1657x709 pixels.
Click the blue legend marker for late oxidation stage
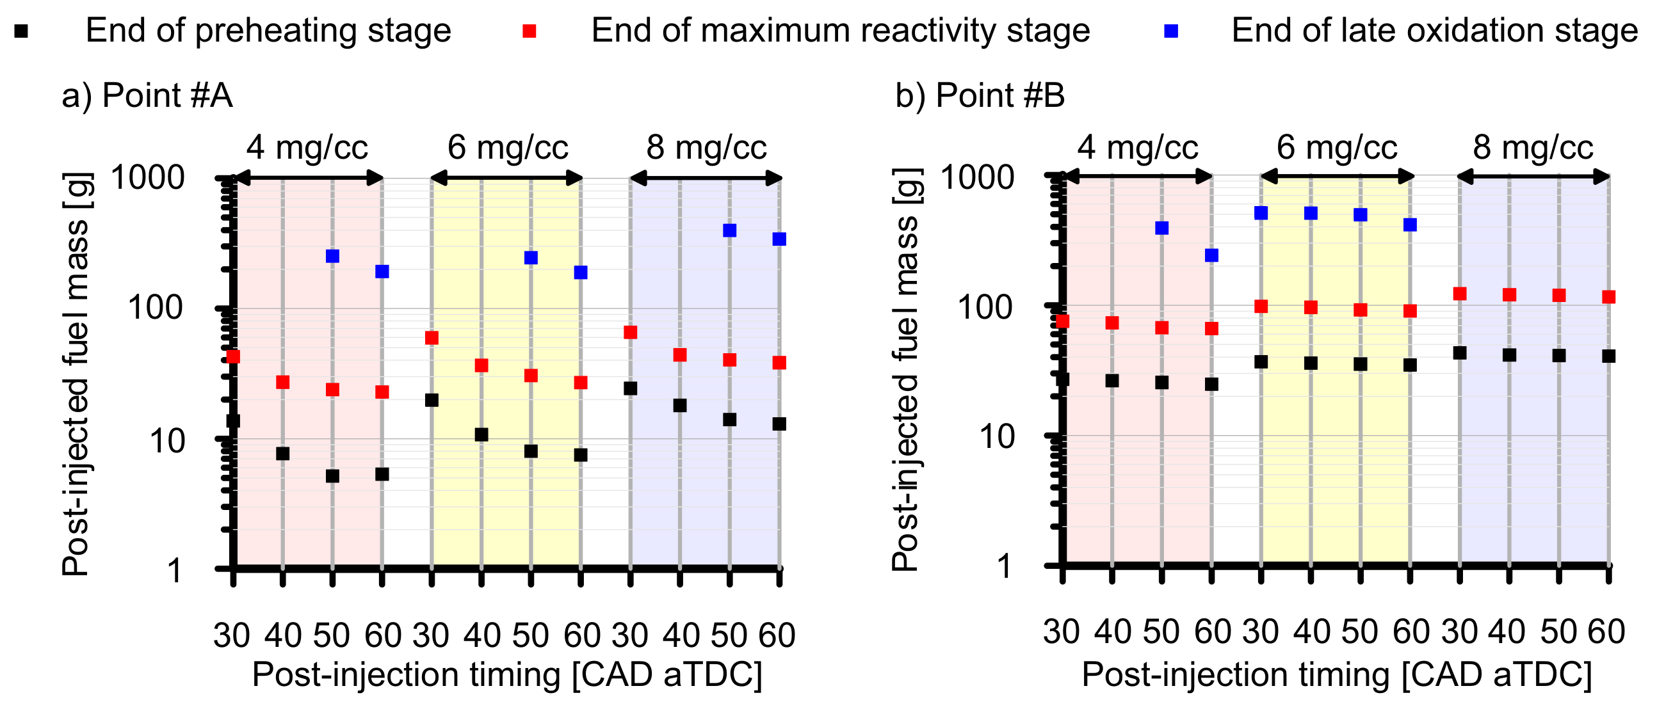coord(1171,31)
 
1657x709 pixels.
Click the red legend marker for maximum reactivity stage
coord(529,31)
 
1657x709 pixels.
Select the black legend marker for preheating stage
coord(21,31)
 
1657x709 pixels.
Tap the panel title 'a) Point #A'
coord(147,96)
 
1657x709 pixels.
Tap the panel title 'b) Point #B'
coord(980,96)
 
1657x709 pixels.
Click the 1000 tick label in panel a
coord(148,177)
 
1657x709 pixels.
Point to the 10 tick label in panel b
coord(996,437)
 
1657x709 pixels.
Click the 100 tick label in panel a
coord(156,308)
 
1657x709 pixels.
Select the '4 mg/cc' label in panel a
coord(307,147)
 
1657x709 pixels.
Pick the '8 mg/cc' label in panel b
coord(1533,147)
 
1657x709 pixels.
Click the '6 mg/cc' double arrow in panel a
coord(506,178)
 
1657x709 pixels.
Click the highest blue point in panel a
coord(729,230)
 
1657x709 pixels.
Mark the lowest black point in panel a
coord(332,476)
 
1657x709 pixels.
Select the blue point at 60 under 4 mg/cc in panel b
coord(1211,255)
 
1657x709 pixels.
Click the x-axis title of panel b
coord(1337,675)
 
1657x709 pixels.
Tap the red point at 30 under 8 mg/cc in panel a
coord(631,332)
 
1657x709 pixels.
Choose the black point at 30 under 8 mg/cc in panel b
coord(1460,353)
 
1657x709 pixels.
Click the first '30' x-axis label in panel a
coord(232,635)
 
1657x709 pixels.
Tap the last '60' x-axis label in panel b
coord(1607,632)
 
